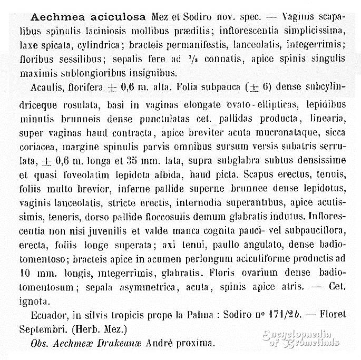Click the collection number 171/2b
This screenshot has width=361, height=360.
click(279, 315)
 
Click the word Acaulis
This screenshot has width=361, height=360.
click(43, 89)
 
